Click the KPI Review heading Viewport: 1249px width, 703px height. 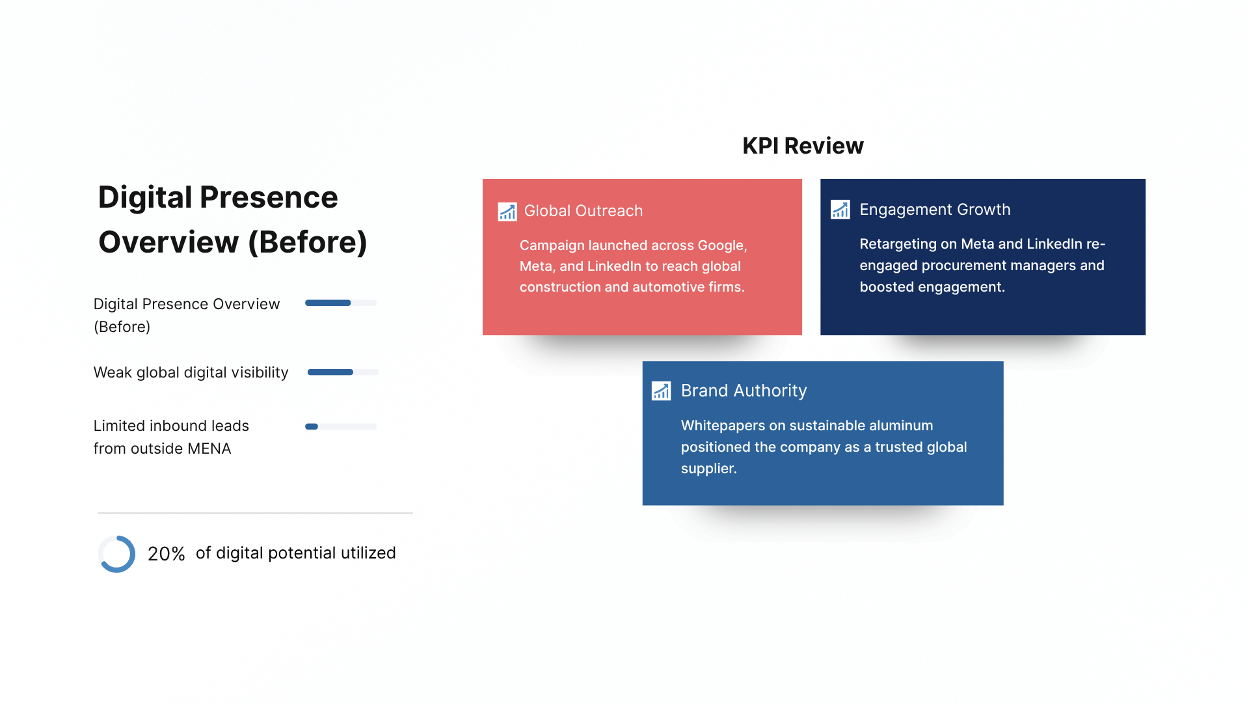tap(803, 146)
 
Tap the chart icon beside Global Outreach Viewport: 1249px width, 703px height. tap(507, 212)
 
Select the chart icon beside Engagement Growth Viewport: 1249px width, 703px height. tap(840, 210)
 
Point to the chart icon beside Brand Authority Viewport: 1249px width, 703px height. tap(661, 391)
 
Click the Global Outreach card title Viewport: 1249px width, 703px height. tap(584, 211)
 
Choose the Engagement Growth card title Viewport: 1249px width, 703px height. tap(935, 210)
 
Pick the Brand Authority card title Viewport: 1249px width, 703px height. tap(744, 391)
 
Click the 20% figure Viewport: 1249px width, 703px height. tap(166, 554)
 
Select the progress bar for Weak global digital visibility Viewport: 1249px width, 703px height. tap(343, 372)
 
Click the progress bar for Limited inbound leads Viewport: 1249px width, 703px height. tap(341, 427)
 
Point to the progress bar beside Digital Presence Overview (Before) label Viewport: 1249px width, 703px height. tap(341, 303)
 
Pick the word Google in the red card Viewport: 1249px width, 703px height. tap(722, 245)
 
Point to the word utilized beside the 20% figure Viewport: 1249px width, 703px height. tap(368, 553)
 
